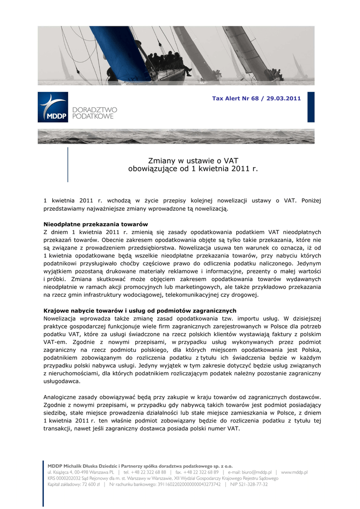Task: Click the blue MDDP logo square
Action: click(x=53, y=107)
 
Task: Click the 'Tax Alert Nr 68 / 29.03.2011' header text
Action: click(x=256, y=98)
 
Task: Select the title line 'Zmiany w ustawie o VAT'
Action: click(x=193, y=161)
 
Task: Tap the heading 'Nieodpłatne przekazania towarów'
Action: click(x=95, y=224)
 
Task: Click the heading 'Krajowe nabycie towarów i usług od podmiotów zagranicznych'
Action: click(x=140, y=311)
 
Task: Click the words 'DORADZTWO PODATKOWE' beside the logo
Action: click(x=94, y=113)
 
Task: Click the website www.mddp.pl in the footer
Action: click(x=294, y=472)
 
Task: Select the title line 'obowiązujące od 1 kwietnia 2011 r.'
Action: click(x=193, y=169)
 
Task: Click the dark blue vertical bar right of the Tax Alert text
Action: click(x=311, y=107)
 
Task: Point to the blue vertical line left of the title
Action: click(x=68, y=164)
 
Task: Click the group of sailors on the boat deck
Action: click(x=167, y=61)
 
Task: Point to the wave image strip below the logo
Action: click(x=176, y=136)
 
